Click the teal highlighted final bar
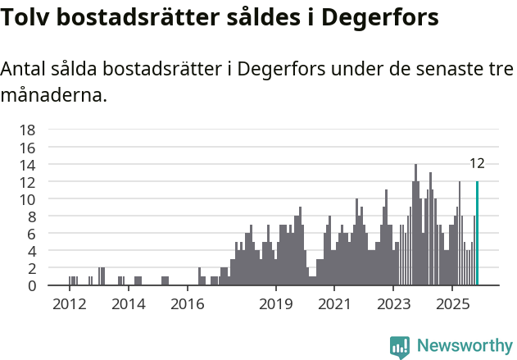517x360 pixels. (x=477, y=234)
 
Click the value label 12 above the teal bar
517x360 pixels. (x=477, y=163)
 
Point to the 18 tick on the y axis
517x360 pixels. (x=27, y=130)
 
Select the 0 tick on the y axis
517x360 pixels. (x=31, y=285)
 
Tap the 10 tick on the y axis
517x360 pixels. (x=27, y=199)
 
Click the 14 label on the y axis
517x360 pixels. (x=27, y=165)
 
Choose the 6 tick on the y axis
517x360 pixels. (x=31, y=234)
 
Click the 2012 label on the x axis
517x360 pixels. (x=69, y=304)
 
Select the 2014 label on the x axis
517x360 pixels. (x=128, y=304)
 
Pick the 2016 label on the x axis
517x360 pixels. (x=188, y=304)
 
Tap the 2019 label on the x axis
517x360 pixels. (x=276, y=304)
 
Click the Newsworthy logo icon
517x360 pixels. (x=400, y=347)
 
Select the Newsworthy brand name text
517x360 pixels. (x=464, y=347)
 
